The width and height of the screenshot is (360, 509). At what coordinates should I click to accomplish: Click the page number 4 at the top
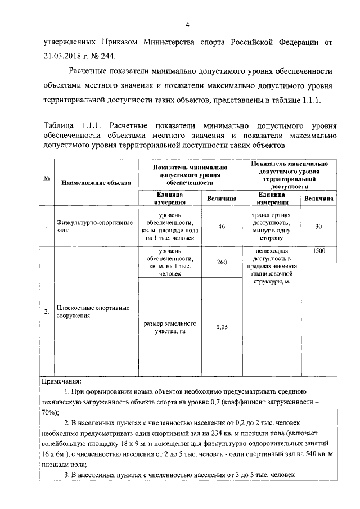pos(188,24)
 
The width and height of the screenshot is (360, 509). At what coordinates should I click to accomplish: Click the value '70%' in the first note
pos(49,412)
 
